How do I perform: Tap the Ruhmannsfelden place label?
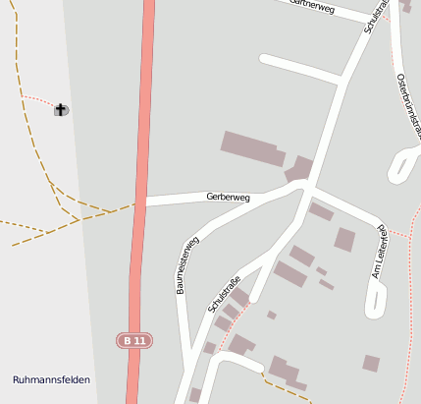pyautogui.click(x=52, y=379)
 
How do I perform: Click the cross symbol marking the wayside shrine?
pyautogui.click(x=62, y=109)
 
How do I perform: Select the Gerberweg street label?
pyautogui.click(x=228, y=198)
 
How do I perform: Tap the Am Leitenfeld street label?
pyautogui.click(x=379, y=252)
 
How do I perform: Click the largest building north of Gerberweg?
pyautogui.click(x=252, y=148)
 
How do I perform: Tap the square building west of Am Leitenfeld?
pyautogui.click(x=344, y=239)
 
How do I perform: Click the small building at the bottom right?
pyautogui.click(x=371, y=363)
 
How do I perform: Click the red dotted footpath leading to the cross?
pyautogui.click(x=37, y=100)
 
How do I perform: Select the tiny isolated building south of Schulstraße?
pyautogui.click(x=272, y=315)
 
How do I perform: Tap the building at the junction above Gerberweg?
pyautogui.click(x=299, y=169)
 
